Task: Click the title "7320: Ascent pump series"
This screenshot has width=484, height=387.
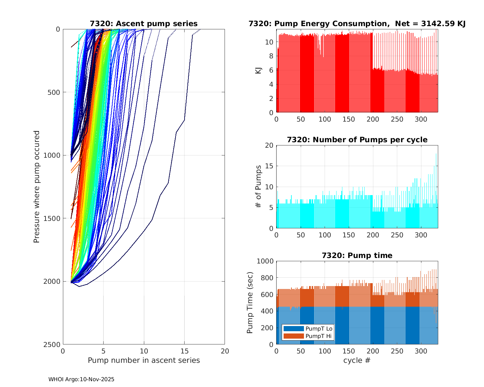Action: [144, 24]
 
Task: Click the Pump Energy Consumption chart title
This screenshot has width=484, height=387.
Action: [357, 24]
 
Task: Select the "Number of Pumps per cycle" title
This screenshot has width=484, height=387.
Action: [357, 140]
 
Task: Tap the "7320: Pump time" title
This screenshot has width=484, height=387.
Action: [357, 255]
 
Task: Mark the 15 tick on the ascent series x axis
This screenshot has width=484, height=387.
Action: [184, 351]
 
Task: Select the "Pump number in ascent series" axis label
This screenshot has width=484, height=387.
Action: [144, 360]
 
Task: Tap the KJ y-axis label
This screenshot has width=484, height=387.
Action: [258, 70]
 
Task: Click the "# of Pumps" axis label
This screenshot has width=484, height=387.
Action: [258, 186]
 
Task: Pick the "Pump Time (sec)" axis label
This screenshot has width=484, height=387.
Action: [250, 303]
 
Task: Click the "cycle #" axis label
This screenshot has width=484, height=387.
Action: [357, 360]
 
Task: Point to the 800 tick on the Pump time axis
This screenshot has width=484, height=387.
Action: [267, 278]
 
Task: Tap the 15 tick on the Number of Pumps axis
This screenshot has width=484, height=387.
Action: [269, 166]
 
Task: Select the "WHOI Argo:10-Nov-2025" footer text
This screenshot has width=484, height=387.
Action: [81, 379]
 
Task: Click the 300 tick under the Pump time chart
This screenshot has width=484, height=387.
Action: [421, 351]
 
